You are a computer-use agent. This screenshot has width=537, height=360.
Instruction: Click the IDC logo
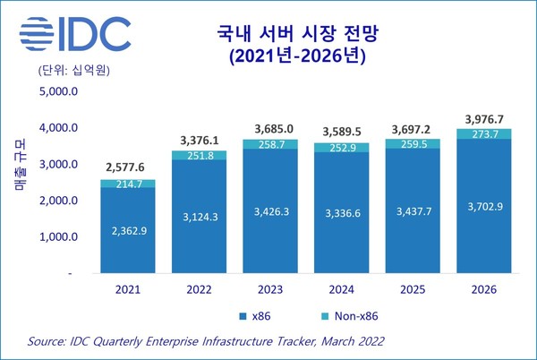(72, 34)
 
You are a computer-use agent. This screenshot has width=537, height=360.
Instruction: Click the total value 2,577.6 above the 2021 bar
(129, 167)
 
